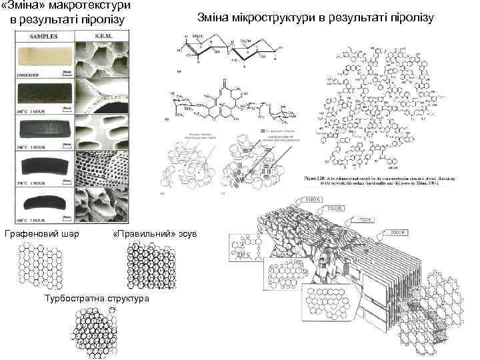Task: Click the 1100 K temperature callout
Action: click(x=313, y=200)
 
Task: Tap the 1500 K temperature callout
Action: click(x=335, y=209)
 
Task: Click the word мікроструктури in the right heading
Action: click(x=287, y=17)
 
